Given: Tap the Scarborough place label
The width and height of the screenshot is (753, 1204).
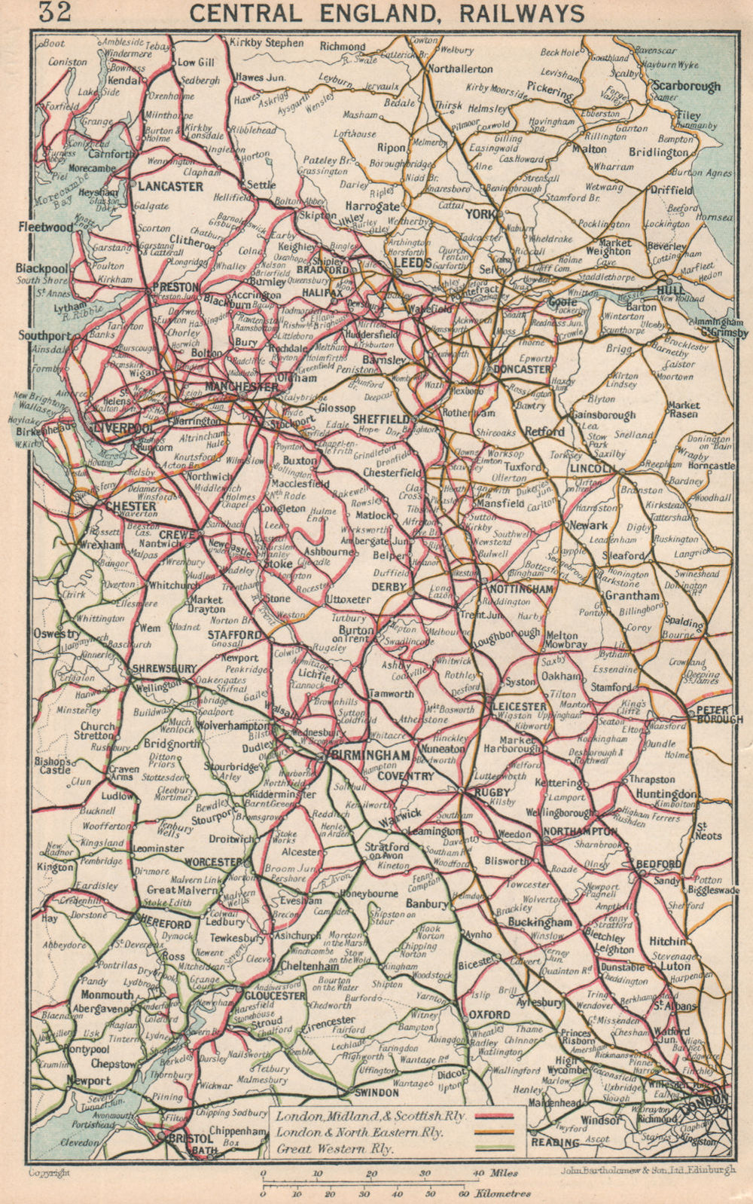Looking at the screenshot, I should coord(686,86).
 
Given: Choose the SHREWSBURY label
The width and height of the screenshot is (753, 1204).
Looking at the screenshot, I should coord(163,668).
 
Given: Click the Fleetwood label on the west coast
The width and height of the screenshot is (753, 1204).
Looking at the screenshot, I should coord(46,227).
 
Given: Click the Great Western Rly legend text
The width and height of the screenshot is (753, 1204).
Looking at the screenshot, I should coord(325,1149).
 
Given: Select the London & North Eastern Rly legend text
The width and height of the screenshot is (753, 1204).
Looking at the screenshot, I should coord(359,1132).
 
